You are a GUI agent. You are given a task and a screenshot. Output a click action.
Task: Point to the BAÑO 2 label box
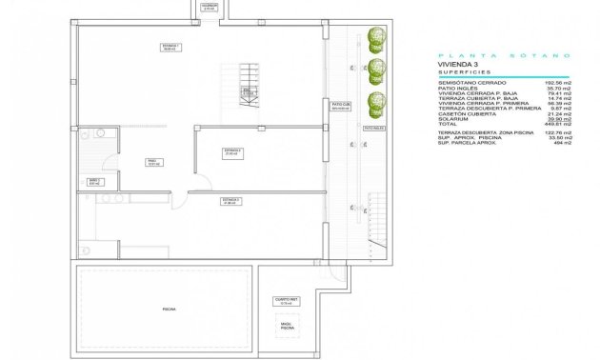click(94, 180)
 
